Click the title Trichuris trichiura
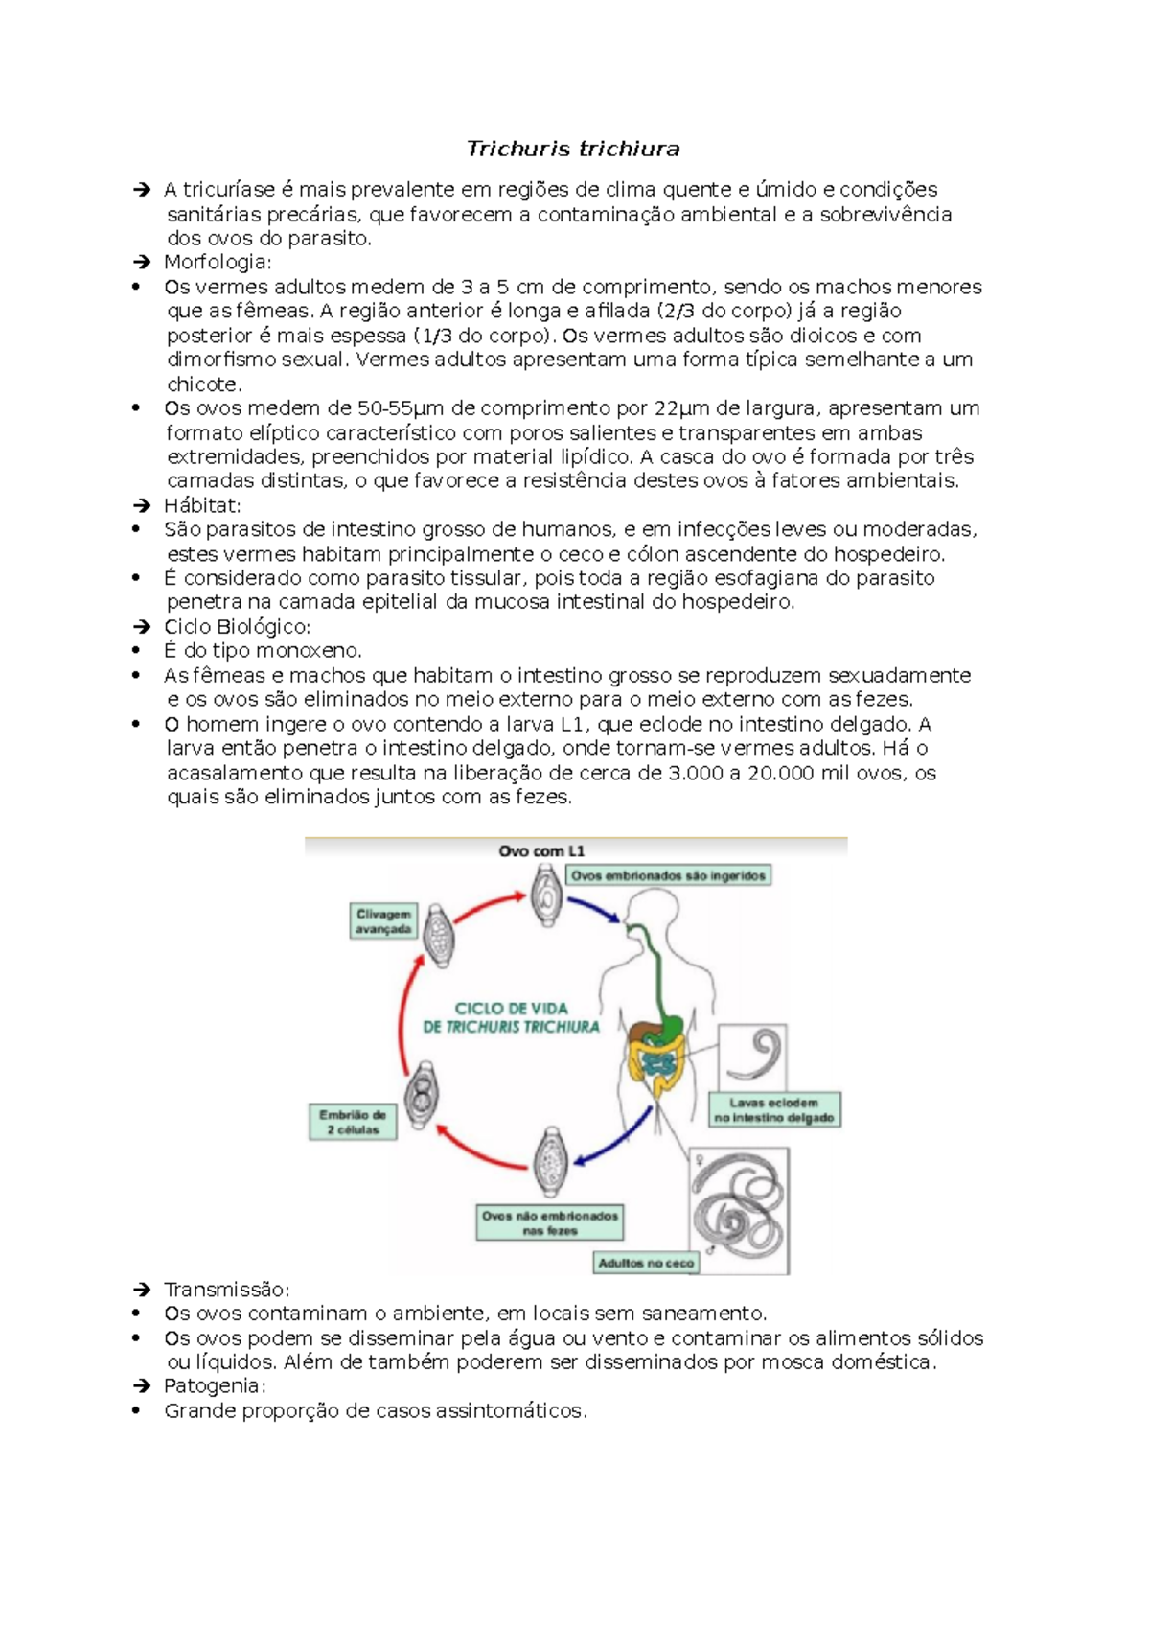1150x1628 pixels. (x=573, y=149)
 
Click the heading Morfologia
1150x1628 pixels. (x=218, y=262)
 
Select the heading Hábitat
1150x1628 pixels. (x=202, y=505)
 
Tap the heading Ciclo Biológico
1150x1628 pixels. (x=237, y=627)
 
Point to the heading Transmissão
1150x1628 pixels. (x=226, y=1290)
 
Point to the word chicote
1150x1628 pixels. (x=204, y=384)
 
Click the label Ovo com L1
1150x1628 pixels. (x=541, y=851)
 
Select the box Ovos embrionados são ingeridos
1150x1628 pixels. (x=669, y=875)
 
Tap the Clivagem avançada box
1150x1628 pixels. (x=383, y=921)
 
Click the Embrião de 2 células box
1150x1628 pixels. (x=353, y=1123)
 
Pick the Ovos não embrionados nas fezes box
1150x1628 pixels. (x=550, y=1222)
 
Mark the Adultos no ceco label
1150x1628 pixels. (x=646, y=1263)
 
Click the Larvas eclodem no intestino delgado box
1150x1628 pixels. (x=774, y=1110)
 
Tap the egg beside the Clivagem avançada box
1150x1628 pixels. (x=440, y=935)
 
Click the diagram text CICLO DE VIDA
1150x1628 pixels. (x=511, y=1009)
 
